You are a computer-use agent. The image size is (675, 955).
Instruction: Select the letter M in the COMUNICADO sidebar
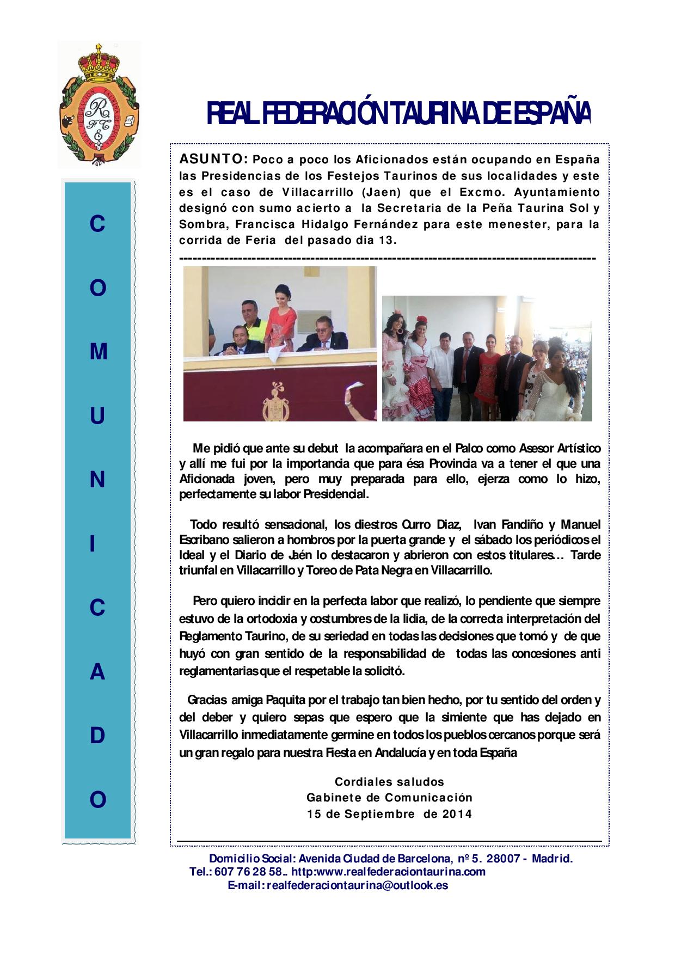coord(98,352)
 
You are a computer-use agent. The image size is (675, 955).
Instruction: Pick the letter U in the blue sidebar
coord(98,417)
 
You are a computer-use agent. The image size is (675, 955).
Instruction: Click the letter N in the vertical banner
coord(98,480)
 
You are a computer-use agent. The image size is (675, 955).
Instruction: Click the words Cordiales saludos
coord(389,782)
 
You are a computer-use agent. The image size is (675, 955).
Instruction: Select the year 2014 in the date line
coord(457,815)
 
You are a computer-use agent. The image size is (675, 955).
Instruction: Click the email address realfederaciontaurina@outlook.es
coord(337,885)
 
